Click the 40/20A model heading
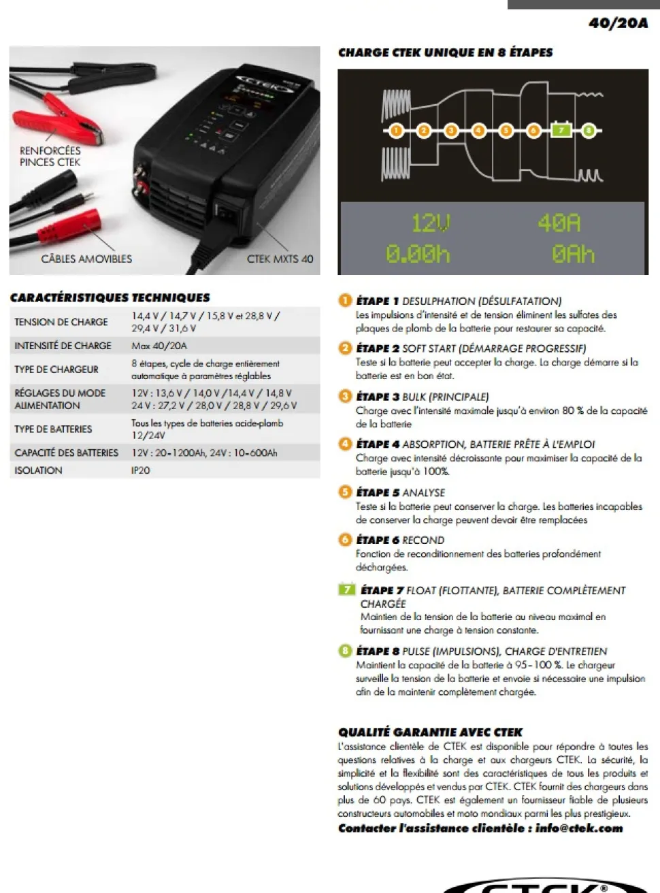pyautogui.click(x=618, y=23)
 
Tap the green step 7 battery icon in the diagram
pyautogui.click(x=561, y=129)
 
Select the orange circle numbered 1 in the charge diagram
pyautogui.click(x=397, y=131)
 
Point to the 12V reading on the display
pyautogui.click(x=430, y=223)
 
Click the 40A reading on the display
pyautogui.click(x=559, y=223)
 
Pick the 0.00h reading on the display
pyautogui.click(x=418, y=255)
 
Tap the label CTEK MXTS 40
pyautogui.click(x=280, y=259)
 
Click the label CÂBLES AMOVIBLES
pyautogui.click(x=86, y=259)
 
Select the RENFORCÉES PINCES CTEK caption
pyautogui.click(x=50, y=157)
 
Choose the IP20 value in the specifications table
pyautogui.click(x=140, y=470)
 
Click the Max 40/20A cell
pyautogui.click(x=159, y=346)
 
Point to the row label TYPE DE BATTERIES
pyautogui.click(x=53, y=429)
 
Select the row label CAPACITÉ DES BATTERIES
pyautogui.click(x=67, y=453)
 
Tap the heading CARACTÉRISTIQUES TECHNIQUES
pyautogui.click(x=110, y=298)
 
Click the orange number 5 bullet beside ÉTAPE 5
pyautogui.click(x=345, y=492)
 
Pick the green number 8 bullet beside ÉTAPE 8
pyautogui.click(x=345, y=651)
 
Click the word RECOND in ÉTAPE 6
pyautogui.click(x=423, y=540)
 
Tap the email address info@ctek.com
pyautogui.click(x=579, y=828)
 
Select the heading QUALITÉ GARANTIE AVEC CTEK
pyautogui.click(x=430, y=732)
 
